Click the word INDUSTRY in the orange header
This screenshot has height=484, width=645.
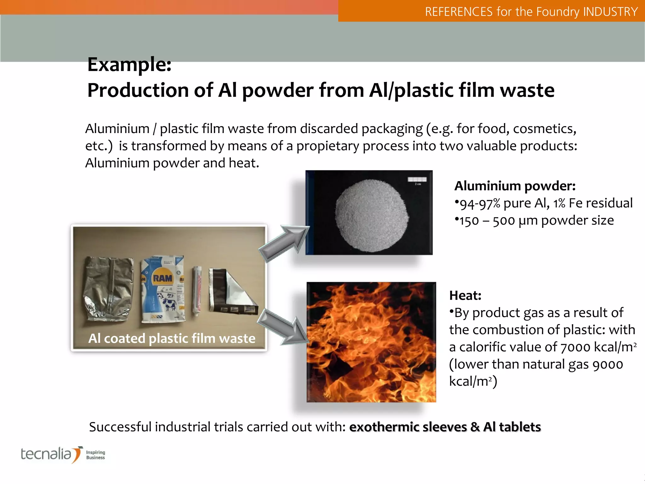click(610, 12)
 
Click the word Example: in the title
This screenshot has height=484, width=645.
click(129, 65)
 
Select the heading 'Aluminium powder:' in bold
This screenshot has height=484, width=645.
click(515, 186)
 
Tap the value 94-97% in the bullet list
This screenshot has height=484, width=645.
click(480, 204)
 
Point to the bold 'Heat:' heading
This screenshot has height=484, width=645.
click(465, 296)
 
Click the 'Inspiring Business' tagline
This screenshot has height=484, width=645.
click(95, 455)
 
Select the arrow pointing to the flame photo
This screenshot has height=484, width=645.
click(283, 326)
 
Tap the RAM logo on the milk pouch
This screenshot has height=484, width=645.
click(163, 278)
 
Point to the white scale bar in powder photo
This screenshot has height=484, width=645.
click(417, 180)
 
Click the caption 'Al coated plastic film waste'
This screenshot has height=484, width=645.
click(172, 339)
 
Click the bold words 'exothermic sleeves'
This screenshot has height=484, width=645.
click(408, 427)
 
